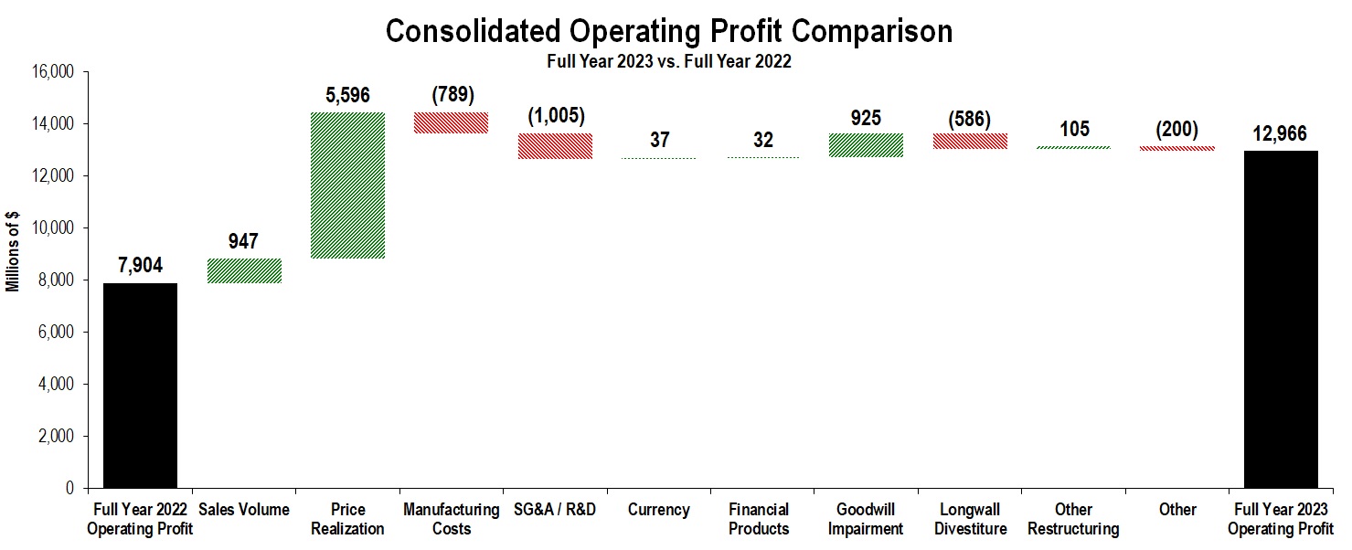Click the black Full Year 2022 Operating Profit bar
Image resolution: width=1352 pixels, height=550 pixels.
pyautogui.click(x=140, y=386)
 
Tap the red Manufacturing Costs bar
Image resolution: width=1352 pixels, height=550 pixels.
pyautogui.click(x=452, y=122)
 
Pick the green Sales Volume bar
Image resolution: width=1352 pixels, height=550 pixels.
pyautogui.click(x=244, y=270)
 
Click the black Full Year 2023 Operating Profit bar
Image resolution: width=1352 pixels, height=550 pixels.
pyautogui.click(x=1281, y=320)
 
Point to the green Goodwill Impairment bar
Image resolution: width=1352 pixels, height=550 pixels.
pyautogui.click(x=866, y=145)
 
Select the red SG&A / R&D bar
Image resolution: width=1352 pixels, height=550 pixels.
pyautogui.click(x=555, y=146)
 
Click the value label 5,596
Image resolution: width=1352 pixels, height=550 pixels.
pyautogui.click(x=347, y=95)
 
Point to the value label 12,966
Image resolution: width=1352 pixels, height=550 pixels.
pyautogui.click(x=1281, y=133)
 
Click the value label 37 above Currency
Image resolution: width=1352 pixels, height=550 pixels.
pyautogui.click(x=659, y=141)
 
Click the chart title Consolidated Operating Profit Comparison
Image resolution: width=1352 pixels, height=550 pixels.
pyautogui.click(x=668, y=30)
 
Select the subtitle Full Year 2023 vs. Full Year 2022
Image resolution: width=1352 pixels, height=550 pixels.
pyautogui.click(x=668, y=62)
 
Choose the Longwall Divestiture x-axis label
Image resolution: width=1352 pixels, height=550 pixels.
pyautogui.click(x=970, y=519)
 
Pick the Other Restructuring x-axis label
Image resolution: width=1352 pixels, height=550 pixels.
pyautogui.click(x=1073, y=519)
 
